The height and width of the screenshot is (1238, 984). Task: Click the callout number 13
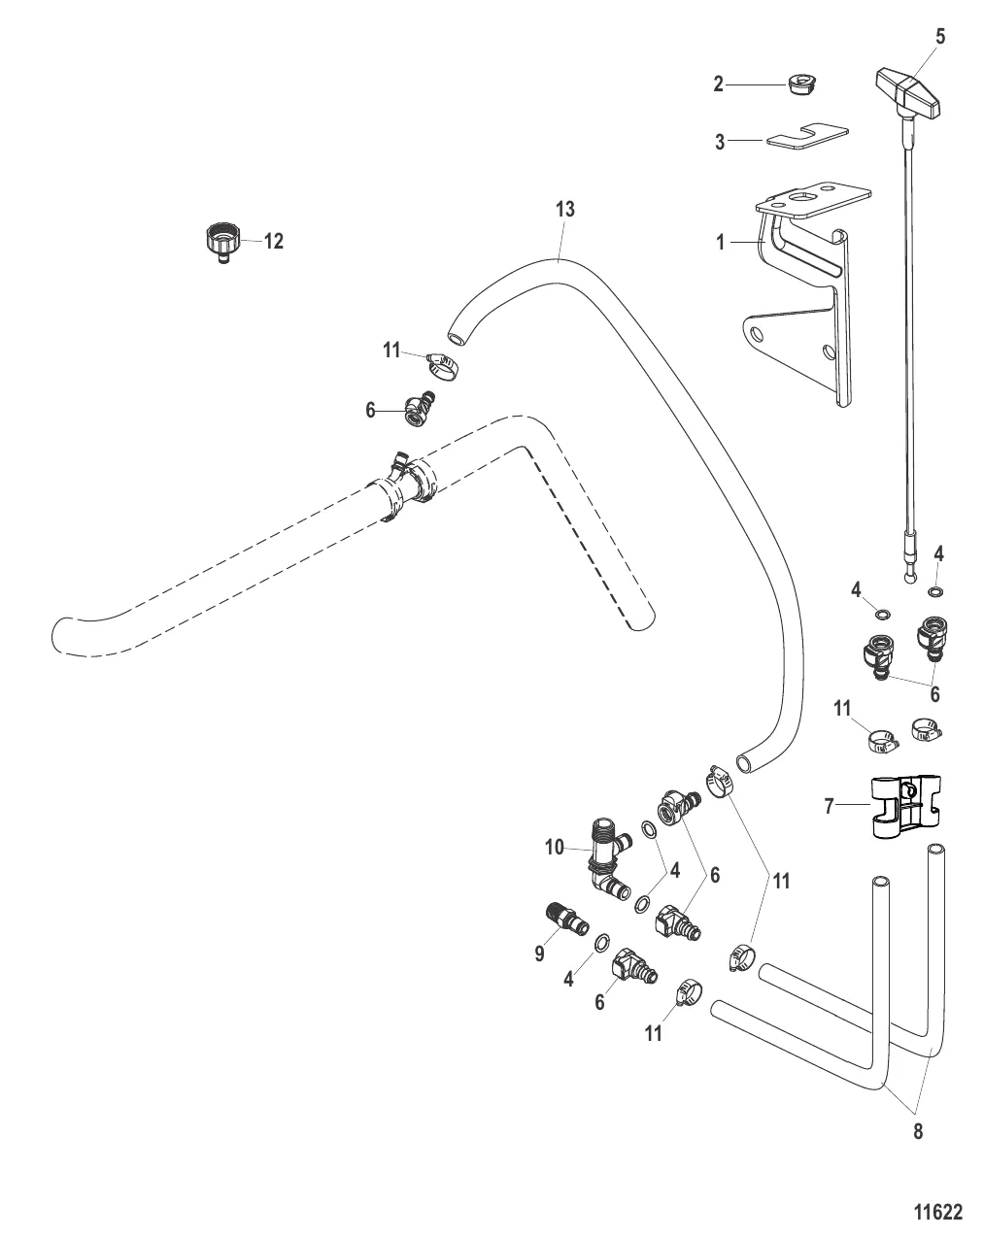click(564, 209)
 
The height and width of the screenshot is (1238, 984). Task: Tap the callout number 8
click(918, 1130)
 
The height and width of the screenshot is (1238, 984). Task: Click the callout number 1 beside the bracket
click(721, 243)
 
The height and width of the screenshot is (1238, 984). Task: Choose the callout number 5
click(939, 37)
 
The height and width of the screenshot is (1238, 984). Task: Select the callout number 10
click(554, 848)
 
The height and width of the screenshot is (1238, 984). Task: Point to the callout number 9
click(539, 955)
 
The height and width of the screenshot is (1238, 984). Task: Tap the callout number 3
click(720, 143)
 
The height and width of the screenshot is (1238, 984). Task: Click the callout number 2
click(719, 84)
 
